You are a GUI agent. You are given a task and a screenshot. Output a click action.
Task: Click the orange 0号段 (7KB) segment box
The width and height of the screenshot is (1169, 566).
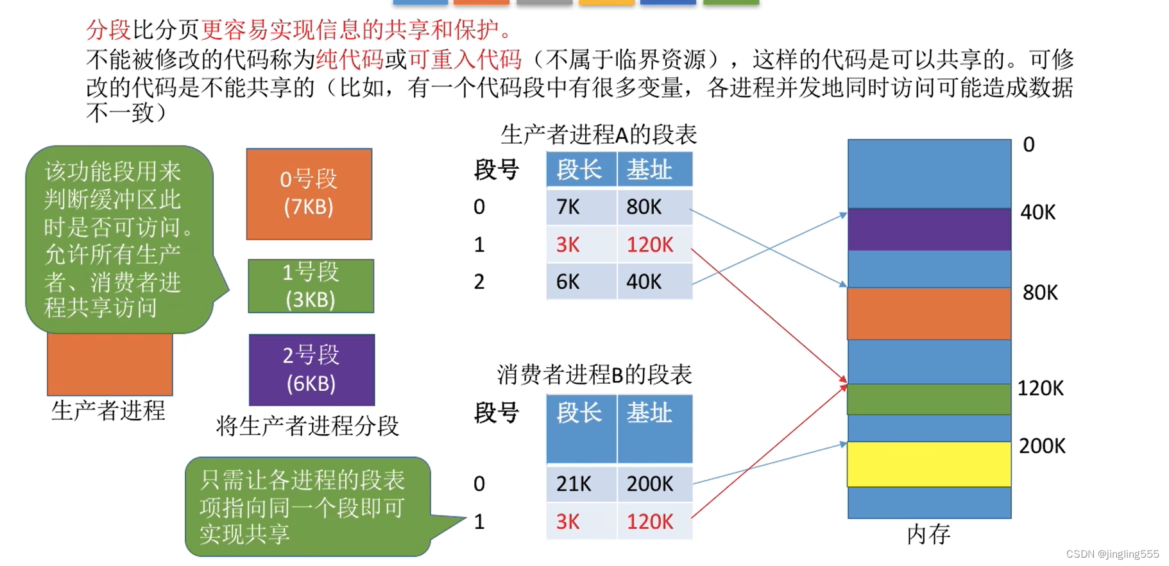pos(309,194)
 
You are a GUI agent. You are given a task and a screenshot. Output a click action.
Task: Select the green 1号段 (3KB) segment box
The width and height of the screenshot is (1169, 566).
pos(311,286)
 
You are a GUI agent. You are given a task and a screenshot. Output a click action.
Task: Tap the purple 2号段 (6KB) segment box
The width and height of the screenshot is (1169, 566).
pos(311,370)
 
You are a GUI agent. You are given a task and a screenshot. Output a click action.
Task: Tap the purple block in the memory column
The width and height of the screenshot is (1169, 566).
pos(929,229)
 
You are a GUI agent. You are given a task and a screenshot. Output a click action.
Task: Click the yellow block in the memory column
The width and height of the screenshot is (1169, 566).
pos(929,464)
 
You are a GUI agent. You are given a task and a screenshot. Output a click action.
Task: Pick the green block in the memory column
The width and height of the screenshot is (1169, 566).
pos(929,399)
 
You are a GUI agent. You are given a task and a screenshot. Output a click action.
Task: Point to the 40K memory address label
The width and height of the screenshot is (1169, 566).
pos(1038,212)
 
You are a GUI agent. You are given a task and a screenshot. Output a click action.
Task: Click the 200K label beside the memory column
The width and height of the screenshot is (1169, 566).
pos(1042,446)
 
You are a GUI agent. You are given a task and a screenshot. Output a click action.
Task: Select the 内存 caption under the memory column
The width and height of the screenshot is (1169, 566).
pos(928,534)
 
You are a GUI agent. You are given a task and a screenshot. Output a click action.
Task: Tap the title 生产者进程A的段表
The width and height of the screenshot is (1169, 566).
pos(598,135)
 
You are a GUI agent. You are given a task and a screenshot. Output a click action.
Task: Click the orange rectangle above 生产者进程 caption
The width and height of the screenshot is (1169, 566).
pos(110,364)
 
